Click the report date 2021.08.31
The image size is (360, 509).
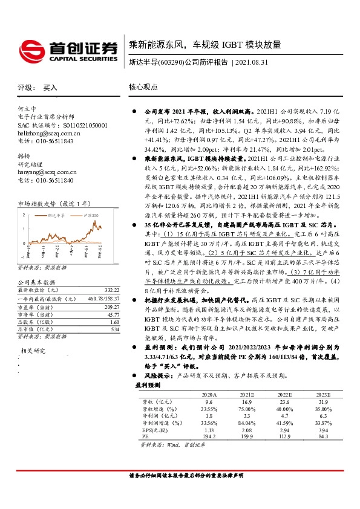257,62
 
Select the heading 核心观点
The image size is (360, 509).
143,87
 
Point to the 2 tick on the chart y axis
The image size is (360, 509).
24,215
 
